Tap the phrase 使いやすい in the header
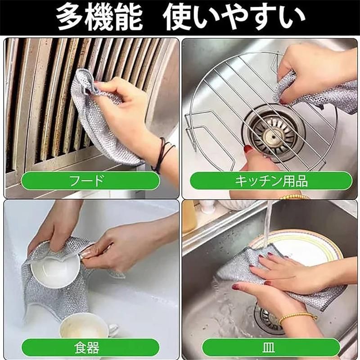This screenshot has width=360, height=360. click(x=234, y=17)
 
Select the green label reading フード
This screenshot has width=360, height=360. click(x=90, y=180)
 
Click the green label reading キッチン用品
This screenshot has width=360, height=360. click(x=271, y=181)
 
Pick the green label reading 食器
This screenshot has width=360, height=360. click(x=90, y=347)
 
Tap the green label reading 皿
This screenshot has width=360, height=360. click(x=271, y=347)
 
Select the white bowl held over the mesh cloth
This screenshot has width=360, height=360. click(x=55, y=271)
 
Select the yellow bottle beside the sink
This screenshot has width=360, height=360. click(x=189, y=217)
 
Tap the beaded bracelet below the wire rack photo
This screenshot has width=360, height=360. click(x=295, y=197)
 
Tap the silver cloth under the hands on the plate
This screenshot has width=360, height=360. click(x=275, y=275)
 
